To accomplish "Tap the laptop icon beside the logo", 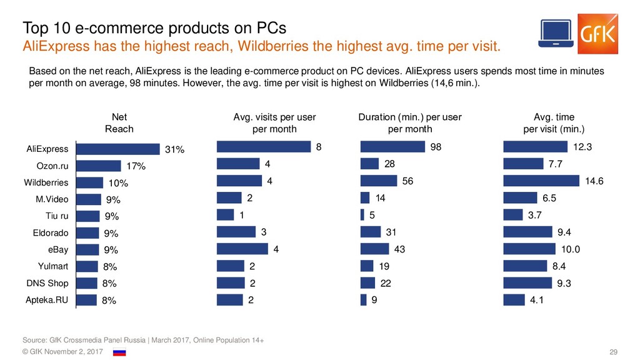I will tap(556, 35).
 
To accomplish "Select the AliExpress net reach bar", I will tap(118, 149).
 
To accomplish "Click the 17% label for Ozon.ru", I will tap(136, 166).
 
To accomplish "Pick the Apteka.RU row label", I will tap(47, 300).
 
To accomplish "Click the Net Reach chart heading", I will tap(119, 123).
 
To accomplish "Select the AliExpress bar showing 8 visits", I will tap(263, 147).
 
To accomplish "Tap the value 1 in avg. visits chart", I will tap(242, 215).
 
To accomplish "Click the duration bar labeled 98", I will tap(392, 147).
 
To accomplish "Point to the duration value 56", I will tap(409, 181).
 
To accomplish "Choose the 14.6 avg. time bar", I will tap(541, 181).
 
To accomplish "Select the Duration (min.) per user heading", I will tap(410, 123).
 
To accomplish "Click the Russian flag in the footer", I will tap(119, 352).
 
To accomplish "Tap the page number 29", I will tap(613, 353).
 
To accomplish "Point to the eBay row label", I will tap(58, 249).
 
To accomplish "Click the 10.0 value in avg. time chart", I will tap(570, 249).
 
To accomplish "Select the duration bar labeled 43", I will tap(375, 249).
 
